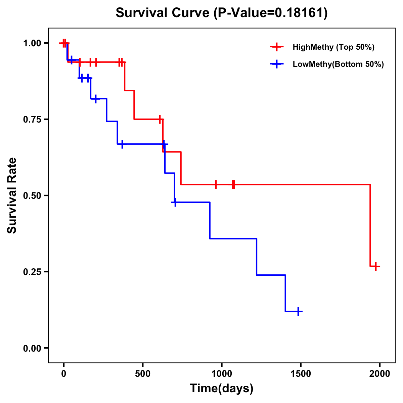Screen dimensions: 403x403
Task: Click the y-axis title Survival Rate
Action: (12, 195)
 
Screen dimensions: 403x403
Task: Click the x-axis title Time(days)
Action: (222, 389)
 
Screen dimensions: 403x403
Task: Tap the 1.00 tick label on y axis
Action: (32, 43)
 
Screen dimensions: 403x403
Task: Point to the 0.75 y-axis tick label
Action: (32, 119)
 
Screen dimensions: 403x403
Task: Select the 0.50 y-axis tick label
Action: (32, 195)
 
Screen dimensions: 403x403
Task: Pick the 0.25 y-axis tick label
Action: (32, 272)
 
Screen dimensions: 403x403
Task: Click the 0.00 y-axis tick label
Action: (32, 348)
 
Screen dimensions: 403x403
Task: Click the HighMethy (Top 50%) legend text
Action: (333, 47)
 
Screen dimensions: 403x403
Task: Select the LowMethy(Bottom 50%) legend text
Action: (338, 64)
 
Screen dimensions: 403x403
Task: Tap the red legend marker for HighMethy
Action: (277, 47)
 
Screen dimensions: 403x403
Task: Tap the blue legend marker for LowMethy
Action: (277, 64)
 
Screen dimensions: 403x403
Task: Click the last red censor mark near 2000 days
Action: (376, 266)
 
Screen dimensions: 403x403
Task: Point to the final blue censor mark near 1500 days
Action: (298, 312)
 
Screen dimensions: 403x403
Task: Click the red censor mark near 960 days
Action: (216, 184)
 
